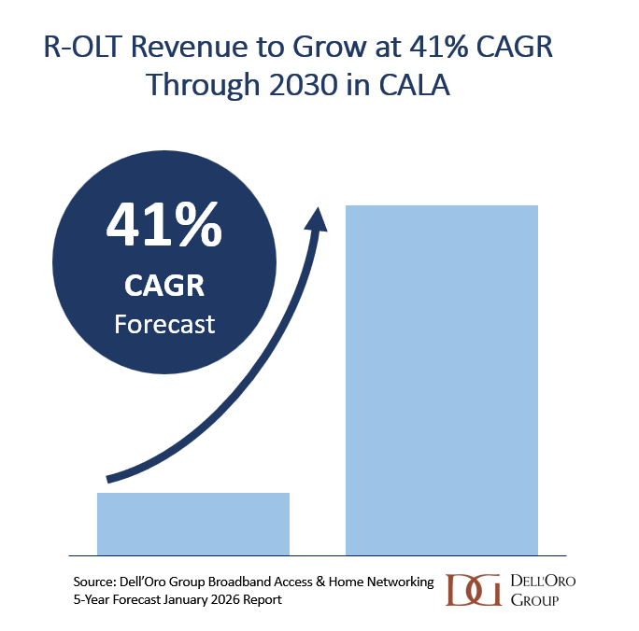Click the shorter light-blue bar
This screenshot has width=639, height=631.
[x=193, y=523]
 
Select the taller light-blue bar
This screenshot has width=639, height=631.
[x=442, y=378]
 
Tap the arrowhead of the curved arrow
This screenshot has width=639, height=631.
[x=319, y=217]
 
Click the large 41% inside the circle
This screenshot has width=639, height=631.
[x=163, y=228]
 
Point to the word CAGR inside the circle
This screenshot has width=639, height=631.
[x=163, y=284]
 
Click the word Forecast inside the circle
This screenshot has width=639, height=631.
[x=163, y=324]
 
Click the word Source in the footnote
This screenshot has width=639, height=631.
[x=96, y=582]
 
